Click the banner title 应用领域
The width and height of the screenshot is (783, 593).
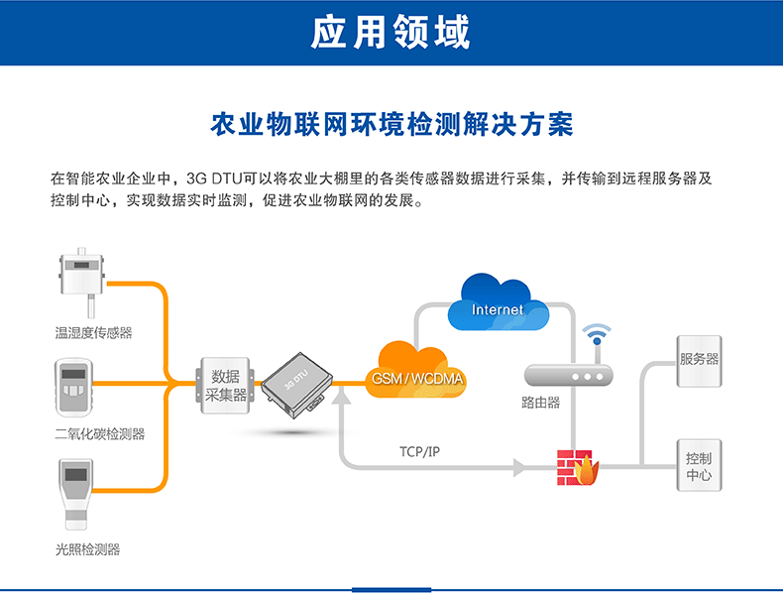tap(391, 32)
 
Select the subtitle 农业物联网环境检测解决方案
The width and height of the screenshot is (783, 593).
tap(391, 124)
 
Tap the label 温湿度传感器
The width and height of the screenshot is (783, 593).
tap(93, 333)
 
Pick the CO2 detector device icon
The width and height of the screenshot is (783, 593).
tap(74, 388)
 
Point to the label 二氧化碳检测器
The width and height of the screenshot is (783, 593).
tap(100, 433)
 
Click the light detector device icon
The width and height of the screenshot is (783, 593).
tap(76, 494)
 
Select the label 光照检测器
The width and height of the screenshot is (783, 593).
tap(88, 549)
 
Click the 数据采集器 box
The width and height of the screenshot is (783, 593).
tap(225, 385)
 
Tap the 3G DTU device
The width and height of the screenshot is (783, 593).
tap(297, 386)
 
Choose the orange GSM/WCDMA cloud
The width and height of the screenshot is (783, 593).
tap(416, 371)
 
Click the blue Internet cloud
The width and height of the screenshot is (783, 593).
tap(498, 302)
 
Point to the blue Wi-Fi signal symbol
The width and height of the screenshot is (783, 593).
tap(597, 334)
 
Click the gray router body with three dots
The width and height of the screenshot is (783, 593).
tap(568, 375)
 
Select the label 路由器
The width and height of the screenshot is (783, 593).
tap(540, 403)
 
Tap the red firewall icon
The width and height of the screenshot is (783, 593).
tap(578, 468)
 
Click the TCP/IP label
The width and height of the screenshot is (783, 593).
tap(419, 451)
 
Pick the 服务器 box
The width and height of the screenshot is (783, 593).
tap(699, 361)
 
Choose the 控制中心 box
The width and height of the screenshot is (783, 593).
tap(699, 466)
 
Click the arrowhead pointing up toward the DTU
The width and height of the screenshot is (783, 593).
tap(342, 397)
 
